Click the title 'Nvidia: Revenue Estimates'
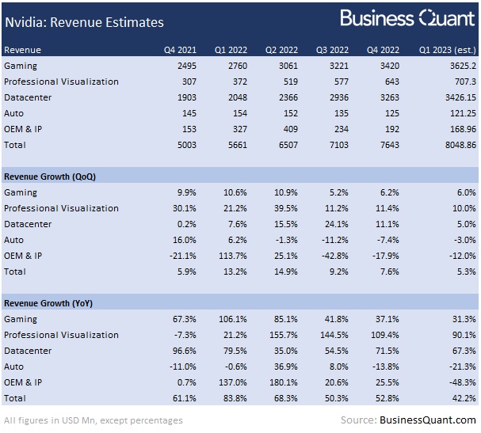click(x=84, y=22)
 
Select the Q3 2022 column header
click(x=333, y=50)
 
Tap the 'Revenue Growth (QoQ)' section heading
click(x=50, y=177)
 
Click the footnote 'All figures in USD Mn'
click(x=94, y=420)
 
